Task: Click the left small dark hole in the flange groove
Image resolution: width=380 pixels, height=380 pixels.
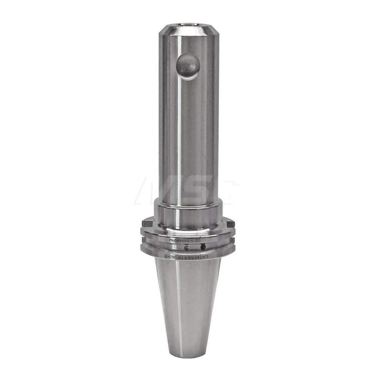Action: point(186,248)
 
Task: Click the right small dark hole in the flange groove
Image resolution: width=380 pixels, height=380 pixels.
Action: point(203,247)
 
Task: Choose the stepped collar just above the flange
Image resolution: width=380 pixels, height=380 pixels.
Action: point(188,215)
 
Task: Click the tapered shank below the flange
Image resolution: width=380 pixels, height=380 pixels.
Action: point(188,300)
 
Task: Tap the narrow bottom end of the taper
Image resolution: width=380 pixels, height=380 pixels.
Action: point(189,353)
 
